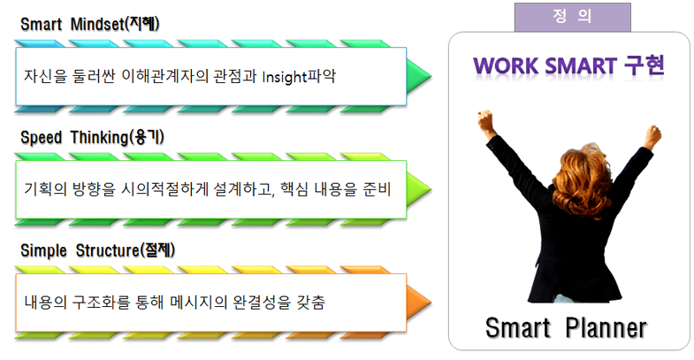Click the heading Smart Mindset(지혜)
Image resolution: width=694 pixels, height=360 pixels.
click(x=90, y=24)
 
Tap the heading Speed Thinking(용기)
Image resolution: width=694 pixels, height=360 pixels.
click(x=92, y=137)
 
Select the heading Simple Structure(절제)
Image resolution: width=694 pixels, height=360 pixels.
click(x=98, y=250)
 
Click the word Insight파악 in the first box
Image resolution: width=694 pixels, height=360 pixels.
click(x=299, y=76)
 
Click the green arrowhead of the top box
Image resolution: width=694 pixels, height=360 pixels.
click(x=418, y=76)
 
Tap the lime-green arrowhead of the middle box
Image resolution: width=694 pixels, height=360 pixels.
click(x=418, y=189)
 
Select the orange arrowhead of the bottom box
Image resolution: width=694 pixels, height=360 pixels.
click(x=418, y=303)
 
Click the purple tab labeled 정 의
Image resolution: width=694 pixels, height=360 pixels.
click(x=572, y=17)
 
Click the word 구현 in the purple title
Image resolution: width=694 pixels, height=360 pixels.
click(x=644, y=65)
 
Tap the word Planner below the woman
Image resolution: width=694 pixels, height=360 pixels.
click(x=606, y=328)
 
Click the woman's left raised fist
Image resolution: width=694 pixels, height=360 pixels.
click(x=486, y=121)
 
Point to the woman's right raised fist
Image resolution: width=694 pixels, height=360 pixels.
click(x=652, y=136)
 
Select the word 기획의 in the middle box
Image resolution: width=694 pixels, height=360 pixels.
click(x=45, y=189)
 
